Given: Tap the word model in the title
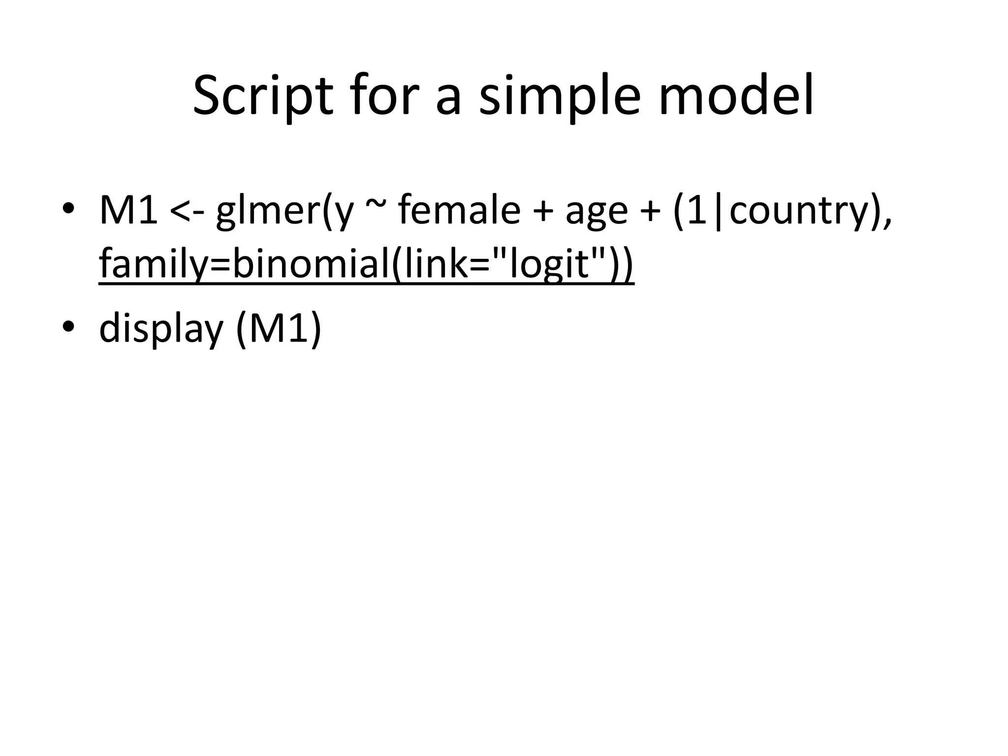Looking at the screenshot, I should tap(736, 96).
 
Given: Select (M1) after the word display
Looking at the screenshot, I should tap(279, 329).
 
